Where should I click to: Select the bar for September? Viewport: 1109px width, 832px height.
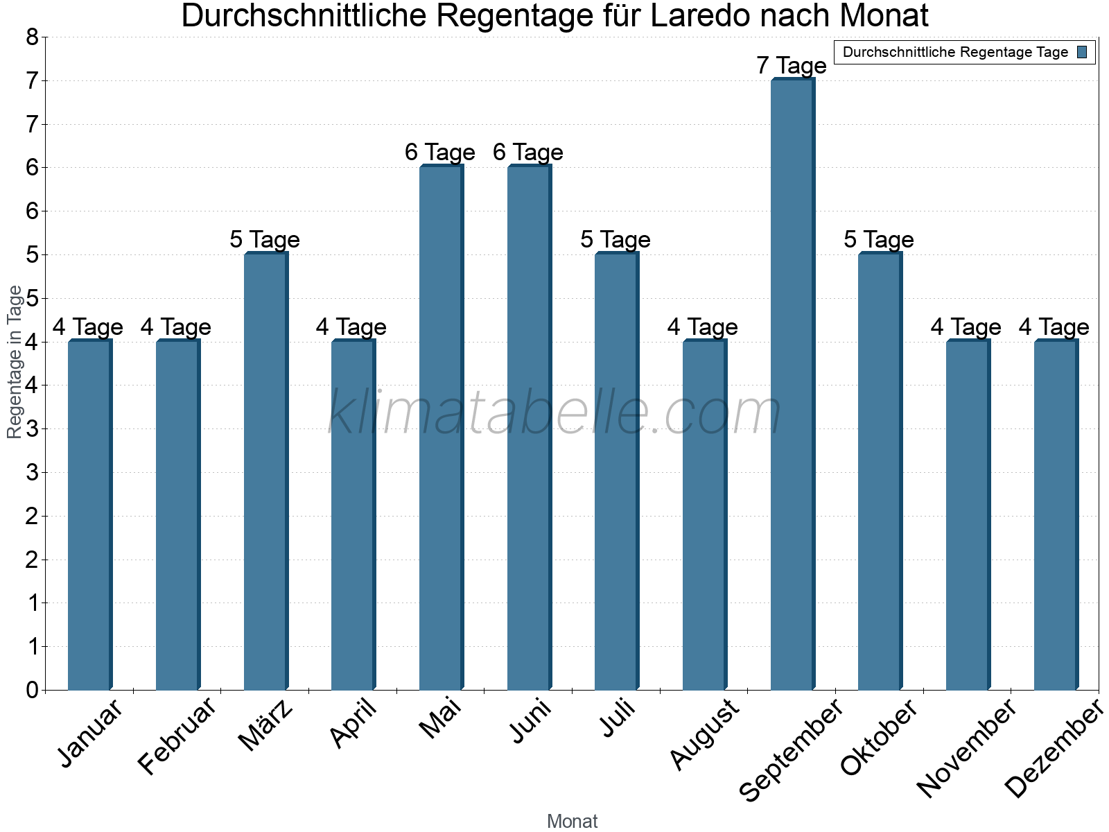click(x=792, y=385)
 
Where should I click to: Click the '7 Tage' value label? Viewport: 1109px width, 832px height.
click(x=792, y=66)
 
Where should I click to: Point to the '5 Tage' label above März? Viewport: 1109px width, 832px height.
click(x=265, y=240)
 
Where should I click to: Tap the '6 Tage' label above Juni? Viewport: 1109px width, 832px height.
click(x=528, y=153)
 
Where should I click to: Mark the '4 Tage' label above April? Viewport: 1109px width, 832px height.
click(x=351, y=327)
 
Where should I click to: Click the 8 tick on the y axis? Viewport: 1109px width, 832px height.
click(x=32, y=37)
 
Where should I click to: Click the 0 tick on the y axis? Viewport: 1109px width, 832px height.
click(x=32, y=690)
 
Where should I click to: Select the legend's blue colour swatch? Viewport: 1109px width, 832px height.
click(x=1082, y=52)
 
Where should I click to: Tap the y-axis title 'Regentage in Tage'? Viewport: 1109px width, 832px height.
click(x=15, y=362)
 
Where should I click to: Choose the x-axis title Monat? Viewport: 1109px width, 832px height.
click(x=572, y=821)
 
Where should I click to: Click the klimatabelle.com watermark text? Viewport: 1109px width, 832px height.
click(x=554, y=413)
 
